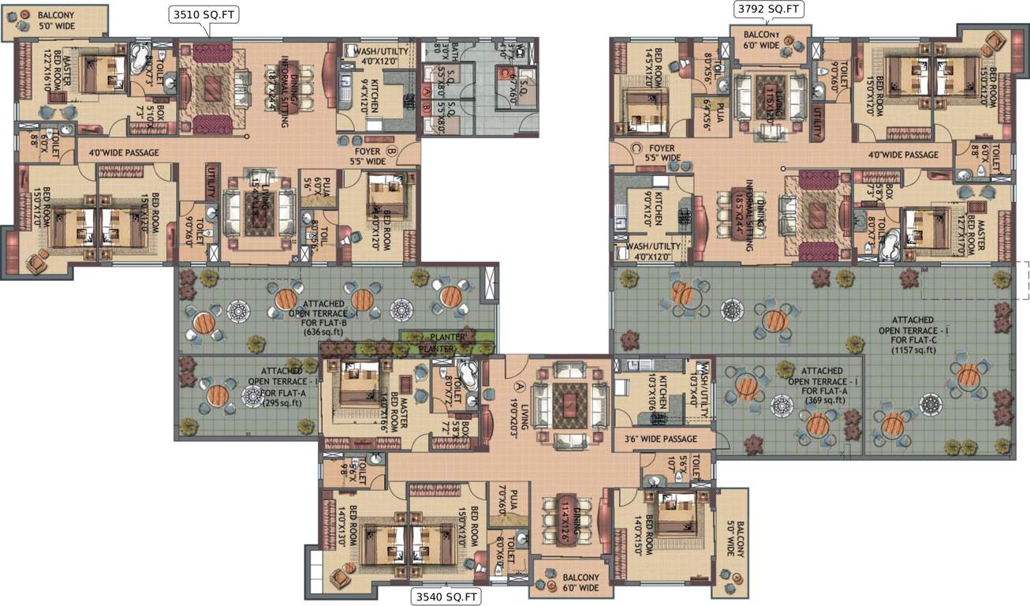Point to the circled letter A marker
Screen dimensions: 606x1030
(x=519, y=386)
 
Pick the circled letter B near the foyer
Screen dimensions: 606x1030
(x=391, y=151)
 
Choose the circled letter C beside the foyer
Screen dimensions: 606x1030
(x=636, y=148)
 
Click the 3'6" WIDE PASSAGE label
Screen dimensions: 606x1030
(x=661, y=439)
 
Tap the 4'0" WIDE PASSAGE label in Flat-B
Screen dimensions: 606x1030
(x=124, y=152)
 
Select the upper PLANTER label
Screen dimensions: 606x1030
(x=446, y=337)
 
